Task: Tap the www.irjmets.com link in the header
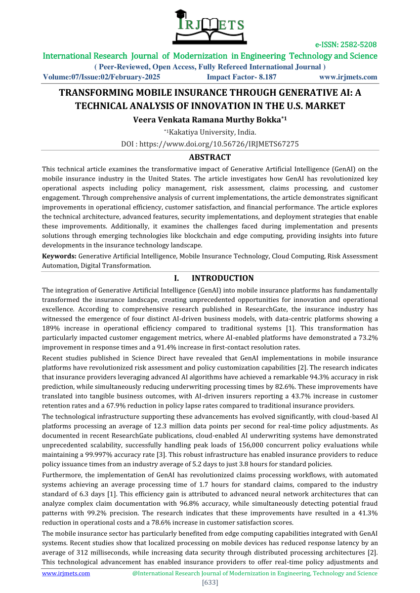(x=348, y=77)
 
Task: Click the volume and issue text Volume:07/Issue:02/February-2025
(x=101, y=77)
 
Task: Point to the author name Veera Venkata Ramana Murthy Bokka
(x=208, y=119)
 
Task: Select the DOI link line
(x=210, y=144)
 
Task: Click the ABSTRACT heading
(x=210, y=157)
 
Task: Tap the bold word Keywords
(x=59, y=256)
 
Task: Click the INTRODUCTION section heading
(x=222, y=278)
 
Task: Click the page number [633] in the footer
(x=210, y=583)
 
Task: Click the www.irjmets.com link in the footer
(x=66, y=573)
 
